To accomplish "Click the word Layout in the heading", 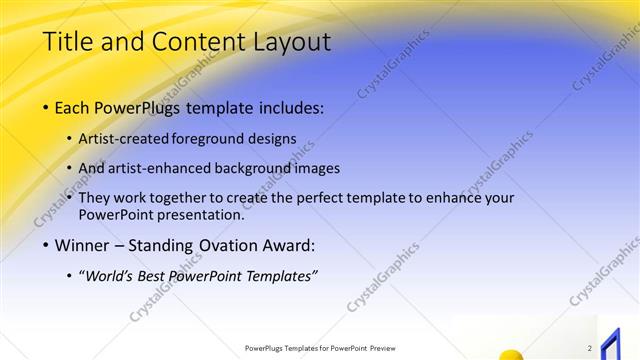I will tap(288, 43).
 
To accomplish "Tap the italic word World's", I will tap(111, 276).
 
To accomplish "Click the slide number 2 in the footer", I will tap(590, 348).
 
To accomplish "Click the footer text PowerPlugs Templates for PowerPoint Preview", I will tap(319, 348).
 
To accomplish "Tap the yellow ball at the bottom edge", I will tap(512, 354).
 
